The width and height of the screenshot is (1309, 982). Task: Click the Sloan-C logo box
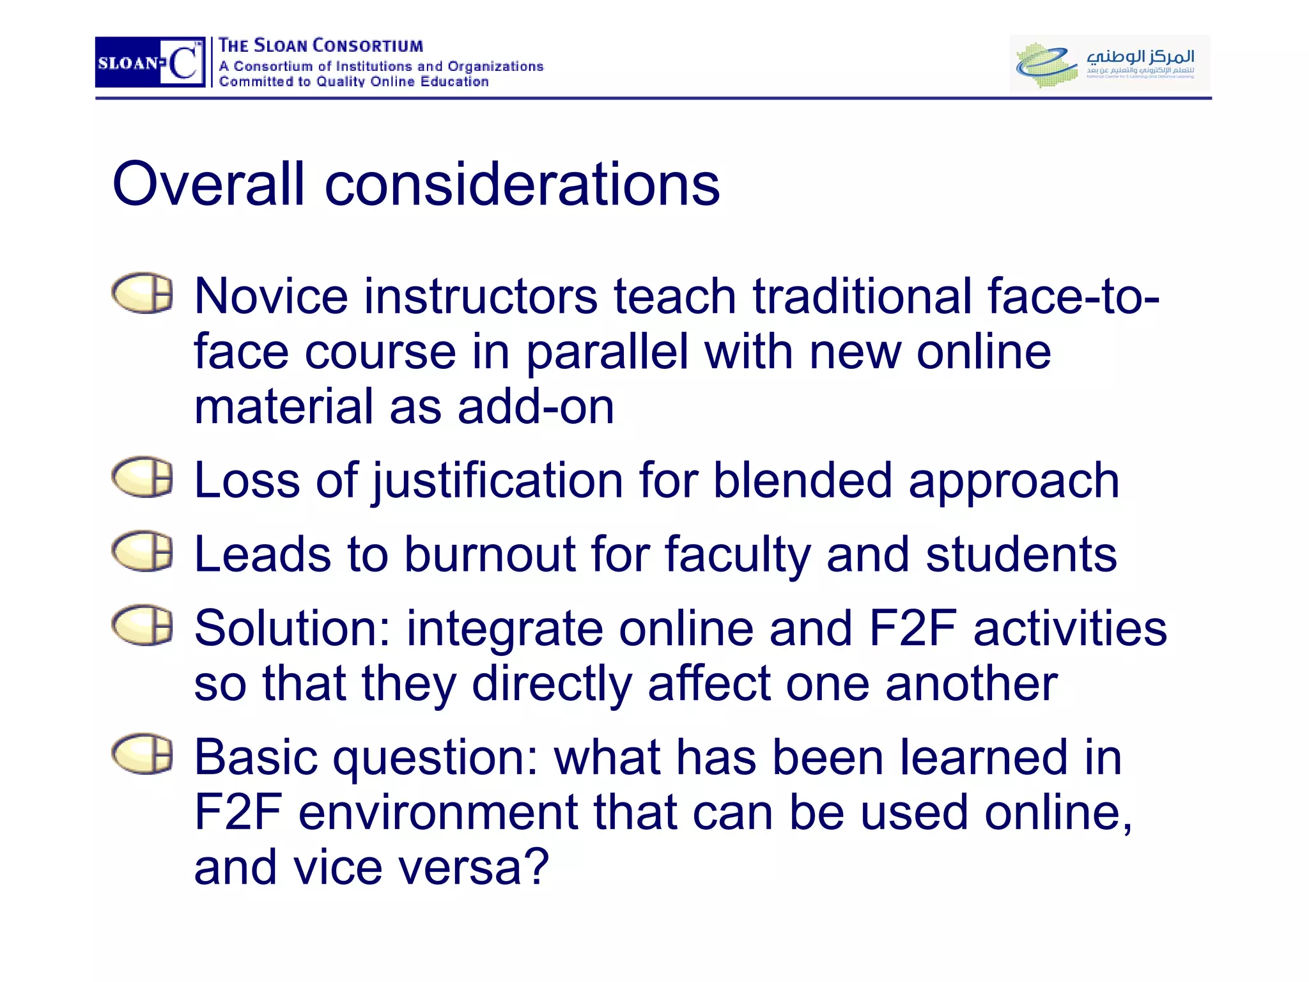[150, 62]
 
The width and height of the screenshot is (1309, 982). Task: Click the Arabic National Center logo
[1110, 63]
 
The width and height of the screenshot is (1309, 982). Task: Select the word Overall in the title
[208, 185]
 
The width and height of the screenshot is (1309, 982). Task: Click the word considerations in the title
[522, 185]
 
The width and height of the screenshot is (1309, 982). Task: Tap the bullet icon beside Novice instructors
[143, 294]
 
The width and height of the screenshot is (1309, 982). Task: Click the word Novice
[271, 297]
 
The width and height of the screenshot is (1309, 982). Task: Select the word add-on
[536, 407]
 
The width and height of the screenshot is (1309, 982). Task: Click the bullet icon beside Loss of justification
[143, 478]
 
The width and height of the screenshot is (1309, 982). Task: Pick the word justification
[498, 481]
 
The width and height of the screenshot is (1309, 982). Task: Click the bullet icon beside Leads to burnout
[143, 551]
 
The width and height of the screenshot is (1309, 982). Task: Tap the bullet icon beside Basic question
[143, 754]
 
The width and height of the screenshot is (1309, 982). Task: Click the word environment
[438, 813]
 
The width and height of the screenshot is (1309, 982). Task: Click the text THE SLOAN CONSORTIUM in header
[321, 46]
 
